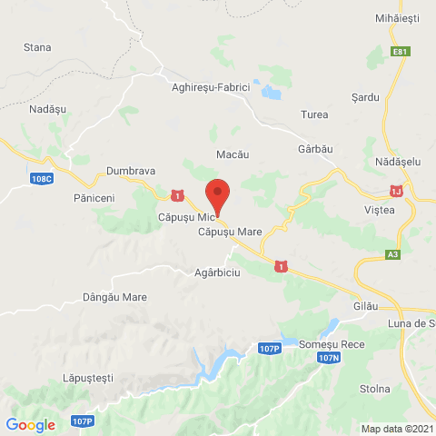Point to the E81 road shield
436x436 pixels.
400,53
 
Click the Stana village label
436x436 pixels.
37,46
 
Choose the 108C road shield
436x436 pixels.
41,178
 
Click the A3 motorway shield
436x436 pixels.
392,255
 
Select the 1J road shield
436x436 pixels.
395,191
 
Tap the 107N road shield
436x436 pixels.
328,359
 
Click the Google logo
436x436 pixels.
30,424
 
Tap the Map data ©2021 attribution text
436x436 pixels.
396,429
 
